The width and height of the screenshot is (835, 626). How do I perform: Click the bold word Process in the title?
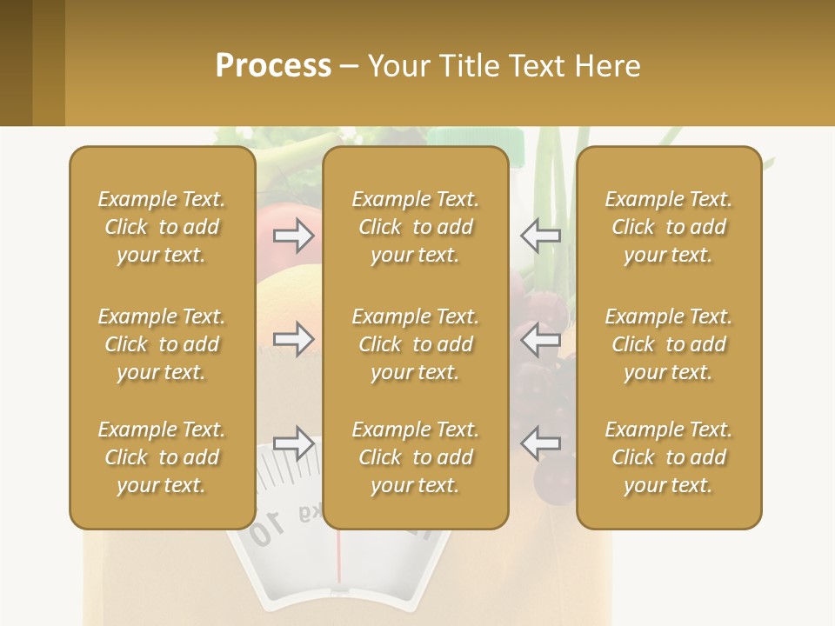coord(273,66)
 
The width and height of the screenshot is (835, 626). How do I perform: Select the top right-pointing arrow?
coord(293,234)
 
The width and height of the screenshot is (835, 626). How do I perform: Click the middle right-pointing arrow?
coord(293,339)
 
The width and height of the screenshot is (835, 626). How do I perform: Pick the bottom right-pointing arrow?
coord(293,443)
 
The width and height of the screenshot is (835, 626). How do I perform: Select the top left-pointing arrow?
coord(540,235)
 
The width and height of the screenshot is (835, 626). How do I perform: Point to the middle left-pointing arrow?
coord(540,339)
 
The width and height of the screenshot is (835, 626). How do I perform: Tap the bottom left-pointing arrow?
coord(540,443)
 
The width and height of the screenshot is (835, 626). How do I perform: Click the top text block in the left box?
coord(162,227)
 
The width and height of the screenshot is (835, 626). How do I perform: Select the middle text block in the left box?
coord(162,344)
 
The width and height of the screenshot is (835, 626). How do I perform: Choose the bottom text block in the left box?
coord(162,457)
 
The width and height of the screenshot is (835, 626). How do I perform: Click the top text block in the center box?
coord(415,227)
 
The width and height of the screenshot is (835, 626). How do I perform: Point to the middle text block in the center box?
coord(415,344)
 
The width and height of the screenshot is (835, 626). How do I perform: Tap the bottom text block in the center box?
coord(415,457)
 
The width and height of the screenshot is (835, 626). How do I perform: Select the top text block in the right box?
coord(668,227)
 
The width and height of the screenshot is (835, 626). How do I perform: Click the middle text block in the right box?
coord(668,344)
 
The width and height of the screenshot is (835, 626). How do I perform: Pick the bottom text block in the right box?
coord(668,457)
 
